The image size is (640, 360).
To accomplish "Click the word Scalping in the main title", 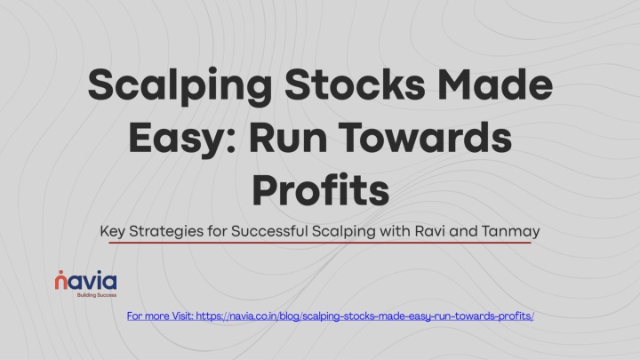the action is (x=180, y=86).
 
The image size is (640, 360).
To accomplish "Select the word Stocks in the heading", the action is (x=355, y=84).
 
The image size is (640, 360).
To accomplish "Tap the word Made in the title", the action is (x=495, y=84).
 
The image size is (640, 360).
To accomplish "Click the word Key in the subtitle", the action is (x=112, y=232).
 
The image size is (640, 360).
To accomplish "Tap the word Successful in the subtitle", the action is (x=269, y=231).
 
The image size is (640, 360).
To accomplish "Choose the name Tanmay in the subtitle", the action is (x=510, y=232).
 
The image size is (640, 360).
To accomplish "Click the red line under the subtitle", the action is (x=320, y=243).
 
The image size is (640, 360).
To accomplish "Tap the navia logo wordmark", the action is (x=85, y=281).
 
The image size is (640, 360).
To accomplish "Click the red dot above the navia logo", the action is (x=60, y=272).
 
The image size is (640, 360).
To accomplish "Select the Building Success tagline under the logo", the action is (x=97, y=295).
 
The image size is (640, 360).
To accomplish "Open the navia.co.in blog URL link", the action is (x=365, y=316).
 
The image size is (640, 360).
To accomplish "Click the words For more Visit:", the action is (x=160, y=316).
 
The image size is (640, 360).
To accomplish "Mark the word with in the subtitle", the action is (x=395, y=231).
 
